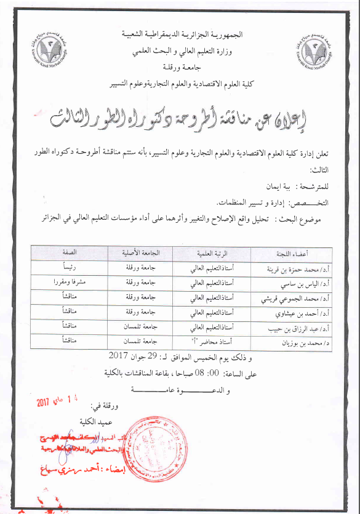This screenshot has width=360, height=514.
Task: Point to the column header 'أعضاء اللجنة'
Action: [293, 253]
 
